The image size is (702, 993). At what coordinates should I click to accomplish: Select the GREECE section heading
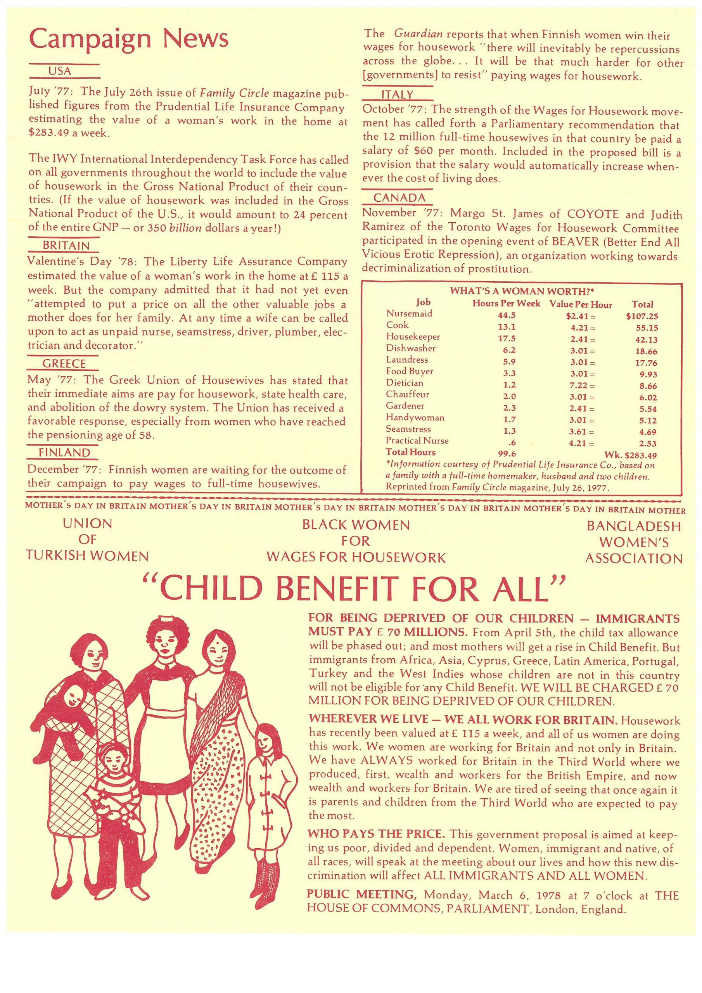pos(64,364)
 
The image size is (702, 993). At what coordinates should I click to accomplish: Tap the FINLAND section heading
pos(64,453)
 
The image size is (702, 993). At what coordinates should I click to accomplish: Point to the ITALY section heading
pos(397,94)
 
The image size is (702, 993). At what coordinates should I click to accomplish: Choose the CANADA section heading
pos(399,198)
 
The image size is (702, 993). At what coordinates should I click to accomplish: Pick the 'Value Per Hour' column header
pos(581,304)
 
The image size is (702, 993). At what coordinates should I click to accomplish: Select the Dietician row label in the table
pos(405,383)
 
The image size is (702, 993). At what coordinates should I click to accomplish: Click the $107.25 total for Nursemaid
pos(641,317)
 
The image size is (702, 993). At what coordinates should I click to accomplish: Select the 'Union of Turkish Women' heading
pos(87,540)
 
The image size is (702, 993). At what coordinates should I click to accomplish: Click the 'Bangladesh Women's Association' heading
pos(634,542)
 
